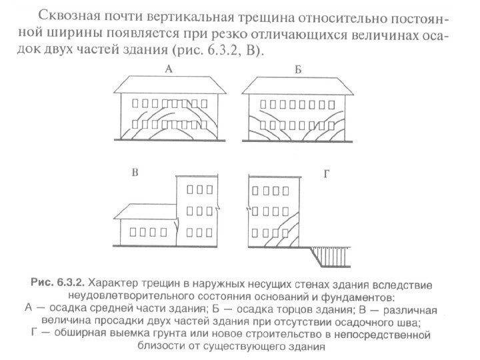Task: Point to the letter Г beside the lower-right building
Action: point(326,174)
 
